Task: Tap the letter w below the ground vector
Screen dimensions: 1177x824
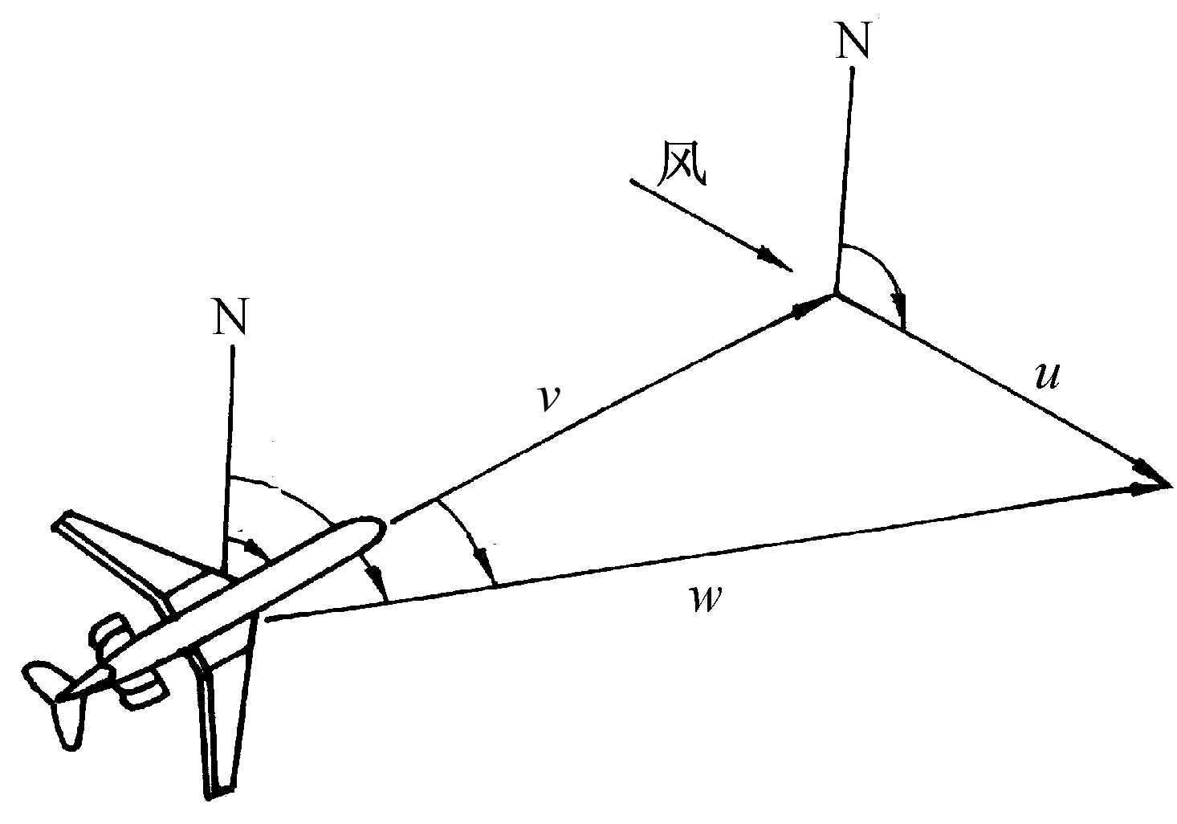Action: tap(707, 599)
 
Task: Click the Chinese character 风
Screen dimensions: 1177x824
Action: tap(682, 162)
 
